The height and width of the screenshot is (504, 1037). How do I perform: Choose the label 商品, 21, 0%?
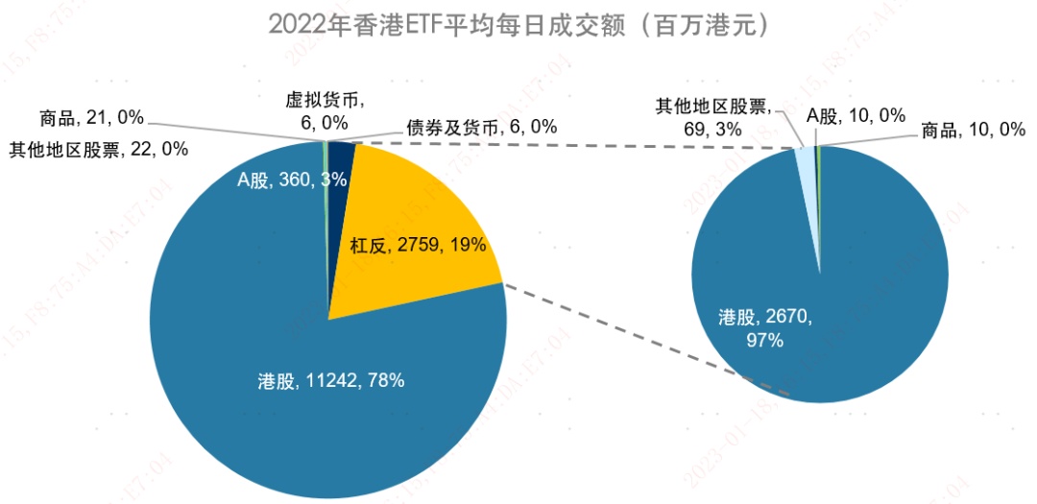(91, 118)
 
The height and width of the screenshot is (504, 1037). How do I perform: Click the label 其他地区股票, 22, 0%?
(98, 149)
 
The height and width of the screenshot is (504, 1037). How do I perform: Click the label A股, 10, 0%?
(855, 115)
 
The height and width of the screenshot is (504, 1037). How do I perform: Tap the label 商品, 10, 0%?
(973, 129)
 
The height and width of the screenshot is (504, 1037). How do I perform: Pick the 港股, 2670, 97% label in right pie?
(765, 326)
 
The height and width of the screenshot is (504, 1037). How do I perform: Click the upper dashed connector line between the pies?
(576, 144)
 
